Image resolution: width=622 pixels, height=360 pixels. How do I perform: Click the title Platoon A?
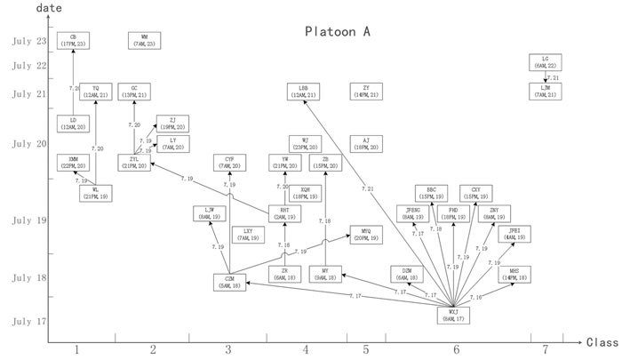331,33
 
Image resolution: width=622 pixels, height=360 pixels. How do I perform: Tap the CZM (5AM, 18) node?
230,283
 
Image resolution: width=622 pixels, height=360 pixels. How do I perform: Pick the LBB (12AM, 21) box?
305,92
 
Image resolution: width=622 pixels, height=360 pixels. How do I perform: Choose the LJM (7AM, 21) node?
545,91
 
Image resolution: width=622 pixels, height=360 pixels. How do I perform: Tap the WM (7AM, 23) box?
145,40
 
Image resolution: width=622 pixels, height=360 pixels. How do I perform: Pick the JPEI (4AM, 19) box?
515,235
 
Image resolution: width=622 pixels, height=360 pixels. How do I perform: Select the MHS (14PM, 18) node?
515,274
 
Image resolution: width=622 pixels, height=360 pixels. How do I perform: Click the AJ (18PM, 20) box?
366,144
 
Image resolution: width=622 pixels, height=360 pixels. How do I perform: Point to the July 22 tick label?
28,65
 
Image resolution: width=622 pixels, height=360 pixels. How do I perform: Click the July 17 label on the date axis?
28,321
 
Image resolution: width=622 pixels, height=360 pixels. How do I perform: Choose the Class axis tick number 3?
228,350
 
